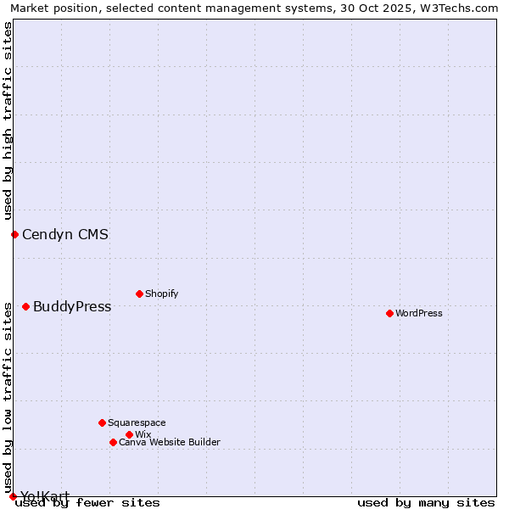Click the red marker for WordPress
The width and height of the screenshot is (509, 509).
389,313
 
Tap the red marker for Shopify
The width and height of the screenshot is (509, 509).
139,294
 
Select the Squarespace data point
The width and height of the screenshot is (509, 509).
102,422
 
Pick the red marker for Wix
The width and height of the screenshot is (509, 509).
129,434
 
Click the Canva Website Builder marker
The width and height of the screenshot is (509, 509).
113,442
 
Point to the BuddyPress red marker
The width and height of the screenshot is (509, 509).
25,306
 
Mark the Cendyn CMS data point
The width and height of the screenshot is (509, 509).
14,234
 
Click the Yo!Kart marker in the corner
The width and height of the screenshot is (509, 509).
13,496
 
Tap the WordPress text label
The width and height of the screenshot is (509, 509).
419,313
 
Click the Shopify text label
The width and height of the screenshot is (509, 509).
161,294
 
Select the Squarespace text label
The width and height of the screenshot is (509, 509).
137,422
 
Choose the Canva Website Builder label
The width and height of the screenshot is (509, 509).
170,442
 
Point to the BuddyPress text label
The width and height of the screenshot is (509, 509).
72,306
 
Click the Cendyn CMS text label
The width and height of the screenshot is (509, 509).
65,234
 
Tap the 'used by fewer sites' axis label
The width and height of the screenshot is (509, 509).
88,502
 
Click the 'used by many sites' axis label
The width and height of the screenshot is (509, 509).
426,502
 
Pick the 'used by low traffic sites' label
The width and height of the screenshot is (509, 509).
8,397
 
